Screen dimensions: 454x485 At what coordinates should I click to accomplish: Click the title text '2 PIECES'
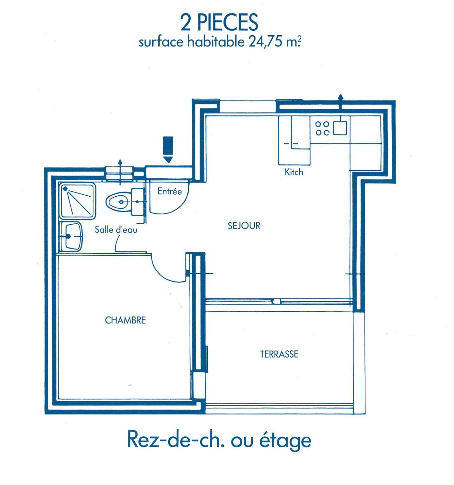(x=219, y=22)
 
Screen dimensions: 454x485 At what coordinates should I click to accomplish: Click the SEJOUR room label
(x=244, y=226)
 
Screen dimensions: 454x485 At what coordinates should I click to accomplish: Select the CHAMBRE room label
(x=125, y=320)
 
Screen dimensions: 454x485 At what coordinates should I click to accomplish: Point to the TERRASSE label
(x=279, y=354)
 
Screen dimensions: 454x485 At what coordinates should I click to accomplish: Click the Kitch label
(x=294, y=172)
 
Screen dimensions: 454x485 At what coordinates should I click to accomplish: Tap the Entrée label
(x=170, y=191)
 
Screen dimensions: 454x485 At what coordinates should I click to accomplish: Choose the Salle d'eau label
(x=116, y=229)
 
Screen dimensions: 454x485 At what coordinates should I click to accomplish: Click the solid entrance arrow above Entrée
(x=168, y=149)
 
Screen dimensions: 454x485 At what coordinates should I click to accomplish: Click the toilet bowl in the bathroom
(x=118, y=202)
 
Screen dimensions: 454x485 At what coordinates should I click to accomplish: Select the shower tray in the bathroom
(x=78, y=202)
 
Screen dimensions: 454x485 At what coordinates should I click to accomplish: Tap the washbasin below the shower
(x=71, y=236)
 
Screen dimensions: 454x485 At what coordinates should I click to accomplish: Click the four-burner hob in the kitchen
(x=322, y=128)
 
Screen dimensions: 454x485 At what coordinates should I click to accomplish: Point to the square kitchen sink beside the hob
(x=340, y=128)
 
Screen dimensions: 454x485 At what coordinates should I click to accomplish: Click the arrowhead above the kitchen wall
(x=340, y=97)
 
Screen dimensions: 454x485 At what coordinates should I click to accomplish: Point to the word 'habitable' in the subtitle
(x=216, y=42)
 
